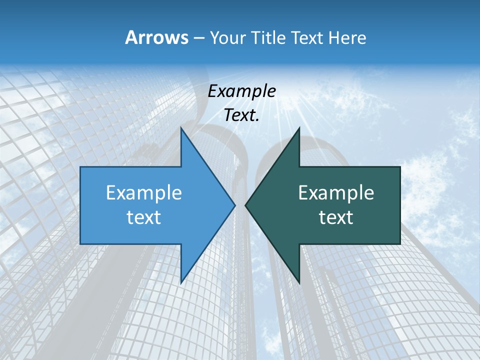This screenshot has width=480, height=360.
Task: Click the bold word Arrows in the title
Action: coord(156,37)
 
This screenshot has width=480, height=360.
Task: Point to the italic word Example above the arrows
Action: coord(242,91)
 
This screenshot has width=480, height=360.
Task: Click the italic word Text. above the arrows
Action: coord(242,115)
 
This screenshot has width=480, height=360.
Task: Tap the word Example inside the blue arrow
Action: coord(144,192)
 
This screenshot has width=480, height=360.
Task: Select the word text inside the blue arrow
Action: coord(144,217)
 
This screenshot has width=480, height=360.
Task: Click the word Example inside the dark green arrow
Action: coord(336,192)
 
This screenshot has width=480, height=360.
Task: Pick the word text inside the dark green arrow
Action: coord(336,217)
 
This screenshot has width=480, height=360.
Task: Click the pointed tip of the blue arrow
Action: coord(235,204)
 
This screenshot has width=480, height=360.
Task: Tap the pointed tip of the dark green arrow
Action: coord(245,204)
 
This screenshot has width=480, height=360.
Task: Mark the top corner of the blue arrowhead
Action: coord(181,128)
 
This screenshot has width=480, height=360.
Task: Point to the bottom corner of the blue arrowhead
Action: coord(181,282)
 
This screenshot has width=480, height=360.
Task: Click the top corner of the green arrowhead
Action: coord(299,128)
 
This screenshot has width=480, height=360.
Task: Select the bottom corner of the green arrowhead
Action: coord(299,282)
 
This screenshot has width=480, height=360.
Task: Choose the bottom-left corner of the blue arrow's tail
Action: coord(81,243)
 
